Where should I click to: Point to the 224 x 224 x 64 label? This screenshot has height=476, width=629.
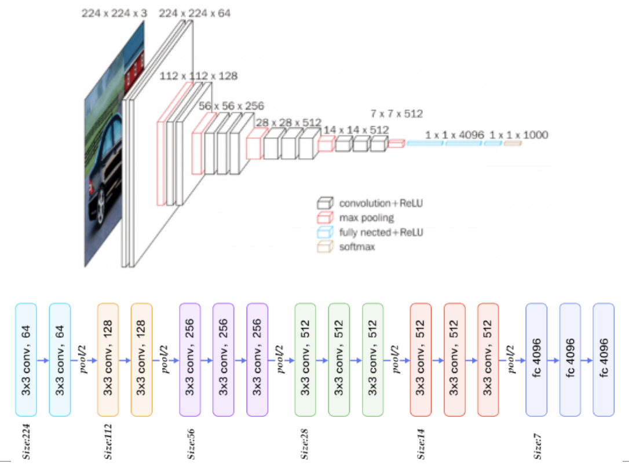point(194,12)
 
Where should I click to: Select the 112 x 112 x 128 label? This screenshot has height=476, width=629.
point(199,76)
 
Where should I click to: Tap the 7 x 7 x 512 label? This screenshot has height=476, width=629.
point(397,113)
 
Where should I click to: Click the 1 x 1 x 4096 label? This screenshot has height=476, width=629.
point(454,135)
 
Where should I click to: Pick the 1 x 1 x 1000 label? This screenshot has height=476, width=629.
point(518,135)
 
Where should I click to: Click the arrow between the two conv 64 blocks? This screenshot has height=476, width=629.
point(43,360)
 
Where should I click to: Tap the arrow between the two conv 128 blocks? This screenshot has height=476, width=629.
point(125,360)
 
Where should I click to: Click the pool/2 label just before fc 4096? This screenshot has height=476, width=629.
point(511,357)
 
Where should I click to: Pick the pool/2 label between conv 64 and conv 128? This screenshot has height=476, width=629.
point(83,357)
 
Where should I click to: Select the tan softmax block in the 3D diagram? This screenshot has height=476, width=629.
point(512,143)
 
